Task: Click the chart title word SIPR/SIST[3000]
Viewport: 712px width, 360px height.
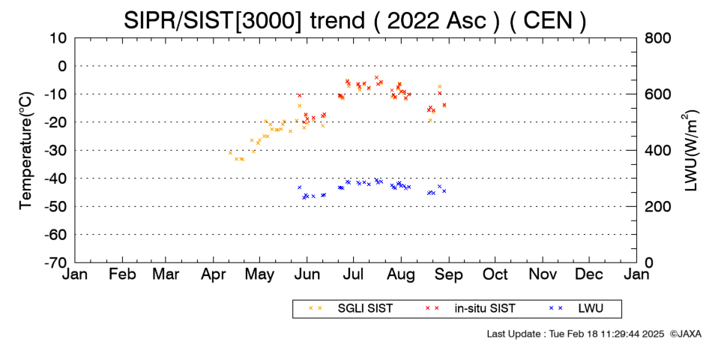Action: coord(212,21)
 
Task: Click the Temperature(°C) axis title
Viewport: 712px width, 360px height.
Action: coord(26,151)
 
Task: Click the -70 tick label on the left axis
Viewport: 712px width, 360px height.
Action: coord(55,262)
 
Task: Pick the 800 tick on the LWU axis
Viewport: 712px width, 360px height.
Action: coord(658,38)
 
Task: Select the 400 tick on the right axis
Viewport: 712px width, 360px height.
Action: coord(658,151)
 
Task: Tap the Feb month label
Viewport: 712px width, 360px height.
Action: coord(122,274)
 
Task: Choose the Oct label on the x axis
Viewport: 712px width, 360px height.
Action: coord(495,274)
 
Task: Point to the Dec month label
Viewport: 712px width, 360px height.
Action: coord(589,274)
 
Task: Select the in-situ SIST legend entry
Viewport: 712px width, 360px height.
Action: coord(470,309)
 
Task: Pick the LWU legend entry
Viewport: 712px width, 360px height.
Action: coord(576,309)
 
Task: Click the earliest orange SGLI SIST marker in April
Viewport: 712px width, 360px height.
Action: coord(230,153)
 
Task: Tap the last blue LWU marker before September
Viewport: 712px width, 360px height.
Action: coord(444,191)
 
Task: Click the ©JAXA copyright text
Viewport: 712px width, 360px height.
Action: coord(685,334)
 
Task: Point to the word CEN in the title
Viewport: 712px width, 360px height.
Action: coord(548,21)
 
